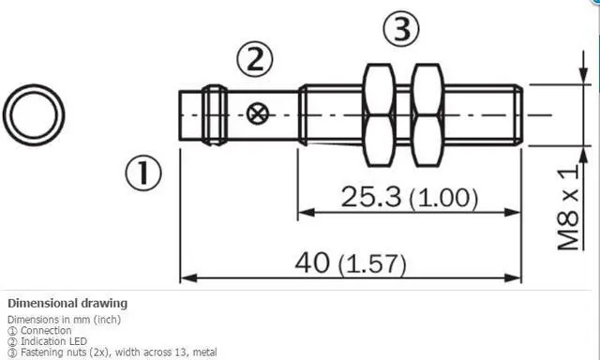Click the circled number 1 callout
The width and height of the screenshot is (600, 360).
(143, 172)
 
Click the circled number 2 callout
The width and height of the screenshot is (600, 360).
(255, 59)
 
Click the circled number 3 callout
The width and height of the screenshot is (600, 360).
(401, 29)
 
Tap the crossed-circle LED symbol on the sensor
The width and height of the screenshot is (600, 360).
(258, 114)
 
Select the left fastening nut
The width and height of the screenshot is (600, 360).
(379, 115)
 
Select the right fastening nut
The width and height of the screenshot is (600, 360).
(428, 115)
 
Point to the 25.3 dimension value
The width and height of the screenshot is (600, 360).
(371, 197)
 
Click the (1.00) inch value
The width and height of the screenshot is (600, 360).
(443, 199)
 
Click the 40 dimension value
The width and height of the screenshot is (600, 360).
(312, 262)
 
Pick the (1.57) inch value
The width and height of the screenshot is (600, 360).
(372, 264)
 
